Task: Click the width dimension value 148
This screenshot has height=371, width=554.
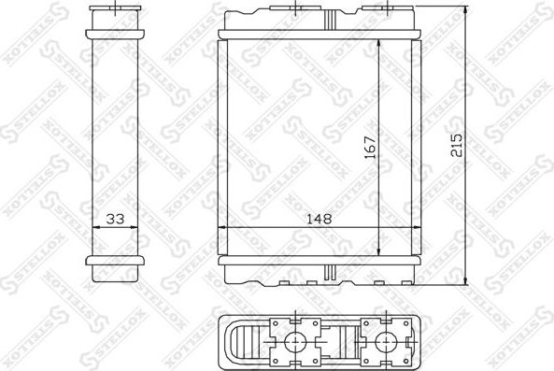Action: [318, 220]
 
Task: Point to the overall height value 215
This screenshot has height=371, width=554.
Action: [455, 144]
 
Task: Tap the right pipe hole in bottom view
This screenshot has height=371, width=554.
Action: [381, 342]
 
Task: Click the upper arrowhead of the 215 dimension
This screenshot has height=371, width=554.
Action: [464, 9]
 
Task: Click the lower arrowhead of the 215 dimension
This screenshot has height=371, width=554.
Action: [464, 281]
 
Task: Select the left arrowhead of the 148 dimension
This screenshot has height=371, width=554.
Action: [223, 229]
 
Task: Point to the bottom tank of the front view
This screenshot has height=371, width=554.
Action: [318, 271]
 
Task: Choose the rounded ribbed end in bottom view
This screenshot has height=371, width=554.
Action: [243, 342]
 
